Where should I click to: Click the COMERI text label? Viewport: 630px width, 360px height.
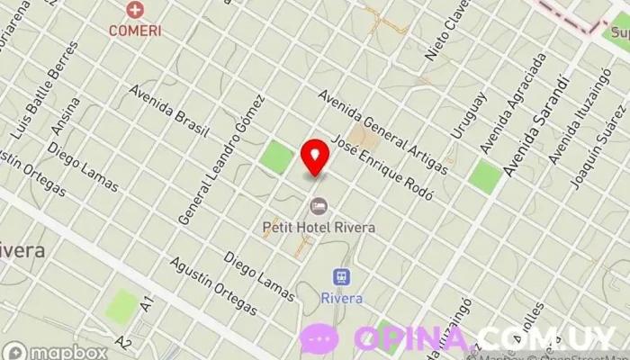coord(135,30)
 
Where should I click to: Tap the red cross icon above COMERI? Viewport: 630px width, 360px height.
coord(135,11)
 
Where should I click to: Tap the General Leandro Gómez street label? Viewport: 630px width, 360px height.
coord(221,158)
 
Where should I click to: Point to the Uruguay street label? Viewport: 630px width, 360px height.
coord(468,115)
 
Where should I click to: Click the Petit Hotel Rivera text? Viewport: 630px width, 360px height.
coord(319,228)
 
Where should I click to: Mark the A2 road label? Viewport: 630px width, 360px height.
coord(123,343)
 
